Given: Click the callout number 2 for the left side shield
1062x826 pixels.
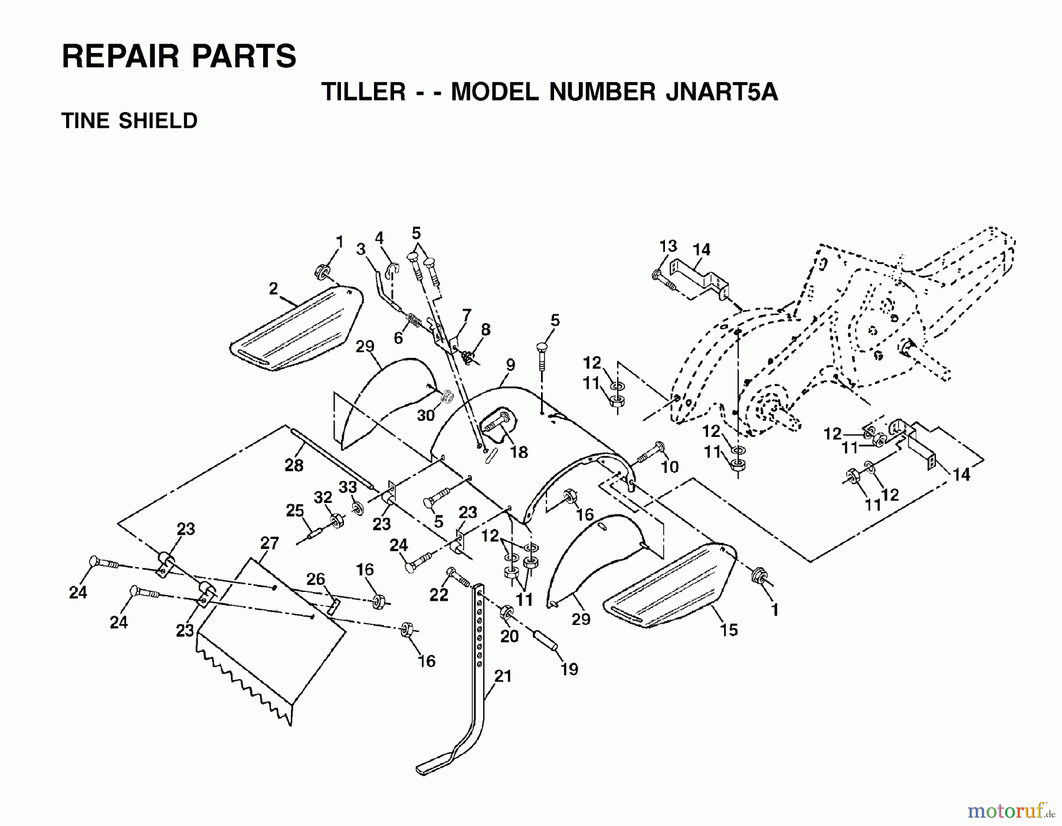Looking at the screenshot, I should point(273,289).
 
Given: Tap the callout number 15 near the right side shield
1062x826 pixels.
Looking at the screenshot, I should point(729,630).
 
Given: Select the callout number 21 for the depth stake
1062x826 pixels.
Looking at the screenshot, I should point(503,676).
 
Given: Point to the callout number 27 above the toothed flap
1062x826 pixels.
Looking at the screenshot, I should point(270,543).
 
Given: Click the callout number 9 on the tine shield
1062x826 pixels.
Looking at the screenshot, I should point(510,365).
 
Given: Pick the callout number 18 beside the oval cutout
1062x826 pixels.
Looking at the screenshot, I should point(519,452).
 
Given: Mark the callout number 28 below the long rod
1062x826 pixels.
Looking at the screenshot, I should point(294,466).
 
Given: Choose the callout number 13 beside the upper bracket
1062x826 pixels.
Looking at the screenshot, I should point(668,246).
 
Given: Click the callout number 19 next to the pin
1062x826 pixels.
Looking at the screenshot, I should point(569,669).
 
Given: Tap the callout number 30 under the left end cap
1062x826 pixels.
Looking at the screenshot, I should point(425,416).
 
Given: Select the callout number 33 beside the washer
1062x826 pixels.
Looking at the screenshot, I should point(348,487).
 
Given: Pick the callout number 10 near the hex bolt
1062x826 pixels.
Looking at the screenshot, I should point(670,467).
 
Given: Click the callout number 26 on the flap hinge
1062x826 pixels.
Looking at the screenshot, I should point(316,579).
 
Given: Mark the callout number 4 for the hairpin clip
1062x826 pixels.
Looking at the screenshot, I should point(379,238).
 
